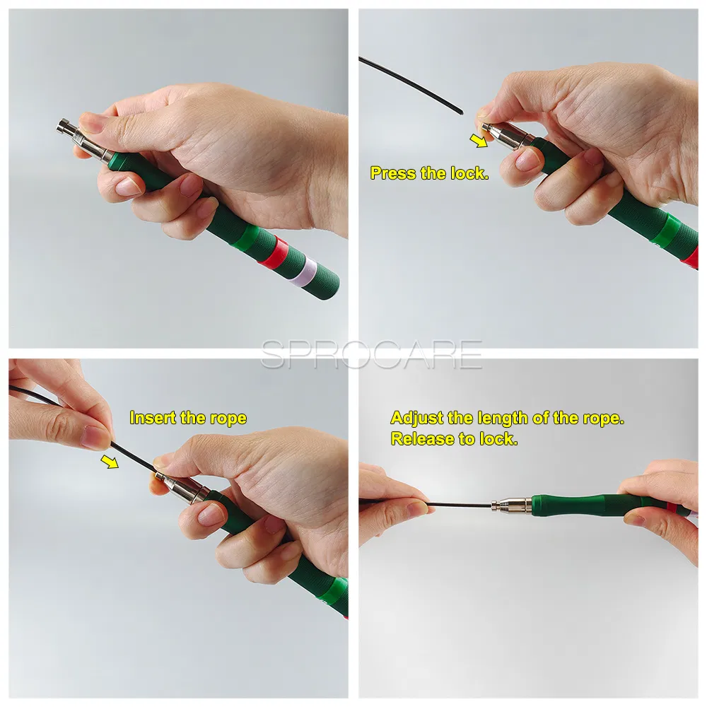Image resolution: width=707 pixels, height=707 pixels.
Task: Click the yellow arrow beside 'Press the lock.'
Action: (x=481, y=141)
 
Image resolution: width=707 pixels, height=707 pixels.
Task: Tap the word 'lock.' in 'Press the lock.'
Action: (x=469, y=173)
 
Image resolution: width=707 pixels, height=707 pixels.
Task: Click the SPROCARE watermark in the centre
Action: (x=371, y=354)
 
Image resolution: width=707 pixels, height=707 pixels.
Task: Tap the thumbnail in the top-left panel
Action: (x=90, y=122)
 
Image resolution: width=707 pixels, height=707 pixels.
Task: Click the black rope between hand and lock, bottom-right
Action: (x=460, y=504)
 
